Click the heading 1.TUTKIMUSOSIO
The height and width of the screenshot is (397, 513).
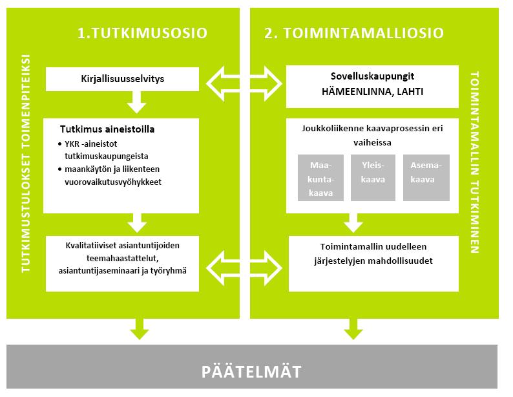tap(142, 33)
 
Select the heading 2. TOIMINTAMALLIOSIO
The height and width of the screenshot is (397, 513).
tap(354, 33)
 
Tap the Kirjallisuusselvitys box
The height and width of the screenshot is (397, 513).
tap(122, 79)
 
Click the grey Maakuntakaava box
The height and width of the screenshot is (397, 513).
tap(320, 178)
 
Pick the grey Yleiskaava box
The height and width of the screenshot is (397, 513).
tap(373, 178)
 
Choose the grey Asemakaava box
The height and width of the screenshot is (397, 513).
tap(426, 178)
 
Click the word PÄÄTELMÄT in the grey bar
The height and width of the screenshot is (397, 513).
tap(251, 372)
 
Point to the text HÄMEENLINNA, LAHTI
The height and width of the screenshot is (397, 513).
tap(372, 92)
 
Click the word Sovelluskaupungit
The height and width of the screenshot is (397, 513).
tap(372, 76)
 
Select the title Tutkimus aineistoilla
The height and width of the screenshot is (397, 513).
tap(107, 129)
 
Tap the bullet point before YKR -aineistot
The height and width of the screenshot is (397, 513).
tap(59, 144)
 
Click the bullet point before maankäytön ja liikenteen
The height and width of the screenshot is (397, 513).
tap(59, 169)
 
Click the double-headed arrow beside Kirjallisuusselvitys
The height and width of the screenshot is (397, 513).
tap(244, 83)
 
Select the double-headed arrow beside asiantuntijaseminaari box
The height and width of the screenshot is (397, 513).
tap(244, 268)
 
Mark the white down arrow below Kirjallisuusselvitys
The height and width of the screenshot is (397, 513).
tap(137, 102)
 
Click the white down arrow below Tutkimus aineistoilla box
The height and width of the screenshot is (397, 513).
tap(137, 223)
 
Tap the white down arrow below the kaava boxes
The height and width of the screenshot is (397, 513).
tap(353, 223)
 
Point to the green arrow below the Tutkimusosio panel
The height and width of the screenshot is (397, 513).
tap(140, 329)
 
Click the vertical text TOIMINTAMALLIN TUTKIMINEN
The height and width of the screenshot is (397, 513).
tap(474, 162)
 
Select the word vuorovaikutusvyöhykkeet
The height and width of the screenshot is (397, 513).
tap(113, 182)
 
